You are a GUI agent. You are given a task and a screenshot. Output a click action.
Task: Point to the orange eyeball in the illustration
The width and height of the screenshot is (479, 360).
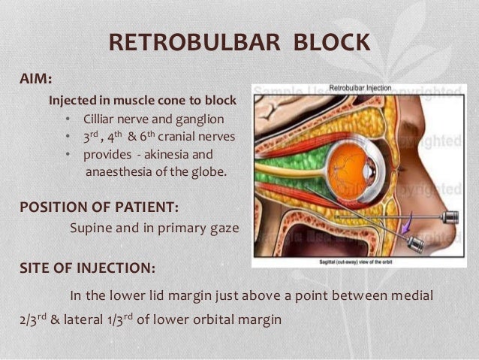350,162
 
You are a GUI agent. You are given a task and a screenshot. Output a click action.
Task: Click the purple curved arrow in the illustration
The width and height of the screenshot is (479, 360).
407,223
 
